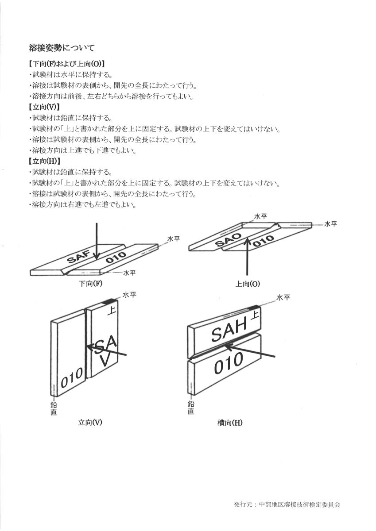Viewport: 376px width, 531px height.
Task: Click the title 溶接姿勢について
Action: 62,48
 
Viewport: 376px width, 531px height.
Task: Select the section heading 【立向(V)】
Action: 44,107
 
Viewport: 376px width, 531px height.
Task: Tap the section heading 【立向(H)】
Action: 44,161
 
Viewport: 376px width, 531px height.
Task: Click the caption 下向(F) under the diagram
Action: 91,283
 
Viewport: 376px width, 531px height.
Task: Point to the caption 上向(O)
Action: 248,284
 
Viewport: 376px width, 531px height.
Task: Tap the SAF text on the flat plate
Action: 79,257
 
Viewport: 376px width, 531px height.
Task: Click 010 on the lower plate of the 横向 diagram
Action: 229,363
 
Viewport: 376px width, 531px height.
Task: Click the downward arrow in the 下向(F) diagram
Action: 96,241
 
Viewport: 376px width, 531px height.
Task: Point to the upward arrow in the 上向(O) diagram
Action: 248,256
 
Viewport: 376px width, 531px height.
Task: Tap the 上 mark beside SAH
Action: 254,316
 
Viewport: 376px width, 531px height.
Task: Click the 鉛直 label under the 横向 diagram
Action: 191,408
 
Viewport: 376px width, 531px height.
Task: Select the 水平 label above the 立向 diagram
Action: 129,295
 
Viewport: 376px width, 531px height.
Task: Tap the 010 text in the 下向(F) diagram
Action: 116,257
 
